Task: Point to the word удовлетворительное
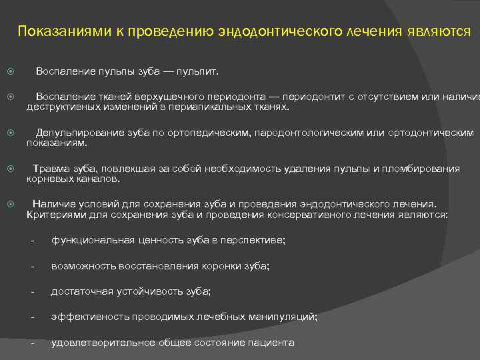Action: [103, 343]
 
